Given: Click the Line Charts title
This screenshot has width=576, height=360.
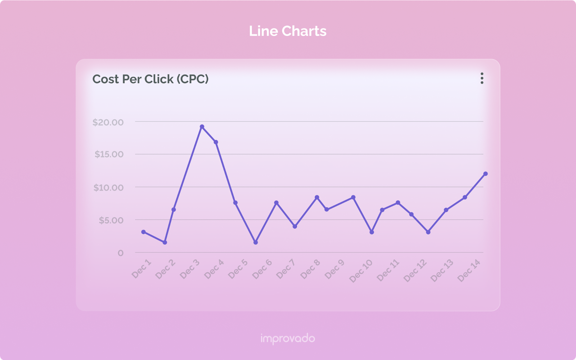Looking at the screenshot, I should click(x=288, y=31).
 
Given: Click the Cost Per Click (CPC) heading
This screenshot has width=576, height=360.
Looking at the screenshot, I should click(x=150, y=79).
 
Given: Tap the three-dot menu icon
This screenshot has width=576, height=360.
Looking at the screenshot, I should click(x=482, y=78).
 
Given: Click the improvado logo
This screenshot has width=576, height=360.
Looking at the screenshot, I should click(x=288, y=339).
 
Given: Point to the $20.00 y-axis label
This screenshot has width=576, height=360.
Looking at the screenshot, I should click(x=108, y=122).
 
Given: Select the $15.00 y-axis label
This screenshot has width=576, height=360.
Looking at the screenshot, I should click(x=109, y=154).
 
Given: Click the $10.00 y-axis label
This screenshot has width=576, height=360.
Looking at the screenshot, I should click(x=108, y=188).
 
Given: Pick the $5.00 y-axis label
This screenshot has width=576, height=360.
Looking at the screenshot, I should click(x=111, y=220).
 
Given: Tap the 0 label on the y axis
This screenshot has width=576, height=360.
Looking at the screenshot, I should click(x=121, y=253).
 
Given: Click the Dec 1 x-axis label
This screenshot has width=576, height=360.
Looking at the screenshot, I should click(x=141, y=269).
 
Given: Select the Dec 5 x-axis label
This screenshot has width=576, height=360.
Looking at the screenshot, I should click(x=238, y=269).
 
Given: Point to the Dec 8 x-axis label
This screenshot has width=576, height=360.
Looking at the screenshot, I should click(x=310, y=269).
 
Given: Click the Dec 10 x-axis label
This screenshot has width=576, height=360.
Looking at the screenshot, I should click(x=361, y=271).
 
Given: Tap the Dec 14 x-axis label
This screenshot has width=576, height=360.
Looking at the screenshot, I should click(x=469, y=270).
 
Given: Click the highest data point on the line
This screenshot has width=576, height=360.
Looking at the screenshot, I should click(x=202, y=127).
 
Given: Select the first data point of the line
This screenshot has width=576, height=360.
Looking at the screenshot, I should click(x=143, y=232).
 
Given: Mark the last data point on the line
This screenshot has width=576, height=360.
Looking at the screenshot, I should click(x=485, y=174).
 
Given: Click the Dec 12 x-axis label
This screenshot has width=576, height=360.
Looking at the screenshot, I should click(x=415, y=271).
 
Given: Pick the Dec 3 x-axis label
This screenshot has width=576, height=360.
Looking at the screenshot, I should click(x=190, y=269).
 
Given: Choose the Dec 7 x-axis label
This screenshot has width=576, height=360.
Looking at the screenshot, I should click(x=286, y=269).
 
